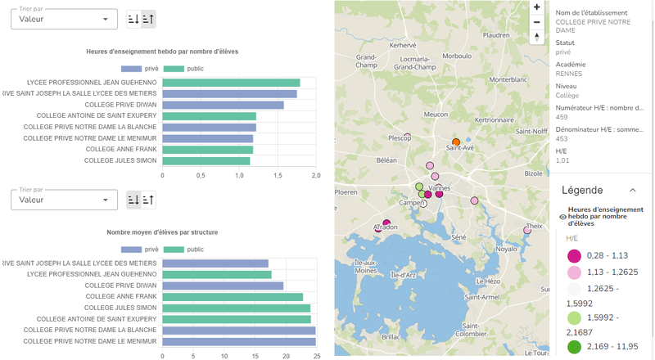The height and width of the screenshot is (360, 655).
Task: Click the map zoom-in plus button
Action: click(536, 7)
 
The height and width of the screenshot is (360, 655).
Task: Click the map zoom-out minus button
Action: click(536, 22)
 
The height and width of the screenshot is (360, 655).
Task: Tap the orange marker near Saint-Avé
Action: click(456, 142)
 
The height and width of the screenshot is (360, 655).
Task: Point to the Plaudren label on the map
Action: click(497, 35)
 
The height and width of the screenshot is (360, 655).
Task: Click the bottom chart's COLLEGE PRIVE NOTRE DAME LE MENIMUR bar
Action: click(238, 341)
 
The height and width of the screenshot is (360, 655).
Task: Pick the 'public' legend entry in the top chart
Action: click(187, 69)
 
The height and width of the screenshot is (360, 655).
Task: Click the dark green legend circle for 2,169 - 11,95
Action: click(574, 346)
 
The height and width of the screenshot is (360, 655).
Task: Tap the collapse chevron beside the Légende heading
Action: click(631, 190)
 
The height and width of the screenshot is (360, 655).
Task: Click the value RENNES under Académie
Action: click(568, 73)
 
